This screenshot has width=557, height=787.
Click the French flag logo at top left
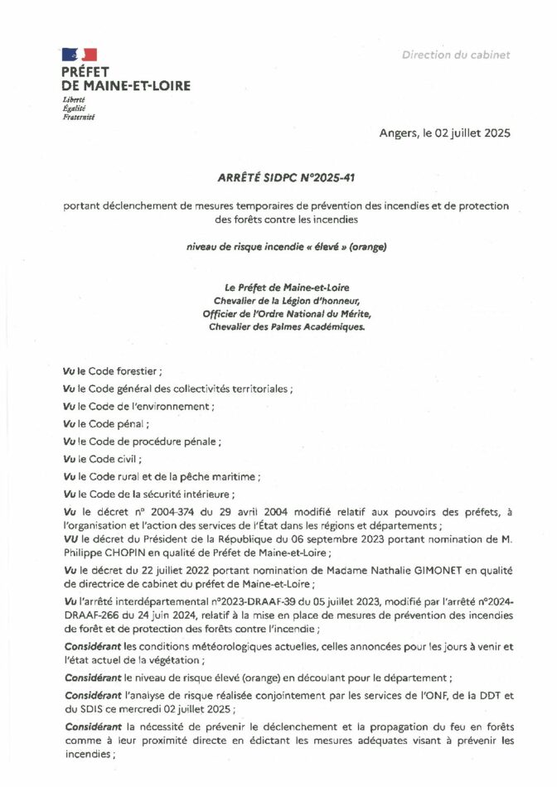click(80, 55)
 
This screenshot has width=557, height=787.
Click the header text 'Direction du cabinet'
click(456, 56)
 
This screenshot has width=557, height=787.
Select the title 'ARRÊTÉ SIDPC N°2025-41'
click(278, 176)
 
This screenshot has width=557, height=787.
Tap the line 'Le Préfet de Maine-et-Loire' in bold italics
click(278, 287)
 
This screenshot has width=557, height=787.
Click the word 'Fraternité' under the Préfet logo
click(79, 118)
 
